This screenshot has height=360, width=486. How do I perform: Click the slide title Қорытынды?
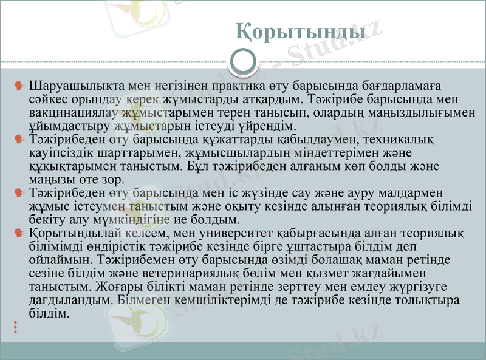pyautogui.click(x=300, y=31)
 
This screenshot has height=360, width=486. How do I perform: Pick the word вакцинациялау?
pyautogui.click(x=73, y=113)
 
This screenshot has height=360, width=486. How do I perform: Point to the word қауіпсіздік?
pyautogui.click(x=67, y=153)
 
